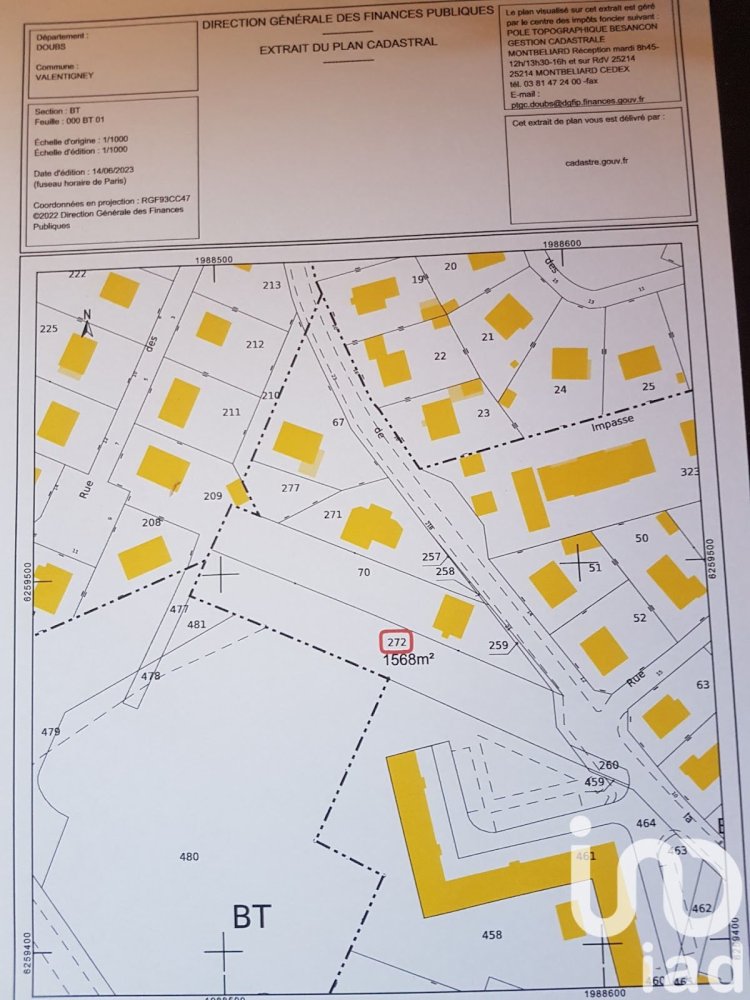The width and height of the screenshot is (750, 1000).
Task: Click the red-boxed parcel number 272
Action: (396, 641)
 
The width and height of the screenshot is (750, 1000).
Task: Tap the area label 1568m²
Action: (408, 659)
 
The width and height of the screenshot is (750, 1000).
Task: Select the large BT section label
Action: (252, 915)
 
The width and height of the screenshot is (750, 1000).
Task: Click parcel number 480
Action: (189, 856)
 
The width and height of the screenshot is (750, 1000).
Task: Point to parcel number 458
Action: (492, 935)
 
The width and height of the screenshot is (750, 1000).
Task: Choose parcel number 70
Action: (364, 573)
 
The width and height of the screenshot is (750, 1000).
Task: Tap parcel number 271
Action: (333, 515)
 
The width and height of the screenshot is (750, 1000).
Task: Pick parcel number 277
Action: (291, 488)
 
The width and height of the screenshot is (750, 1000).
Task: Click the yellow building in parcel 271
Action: (371, 526)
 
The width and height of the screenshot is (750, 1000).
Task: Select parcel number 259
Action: (498, 646)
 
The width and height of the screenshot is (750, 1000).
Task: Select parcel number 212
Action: (255, 344)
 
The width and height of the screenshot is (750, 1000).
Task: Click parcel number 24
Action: (560, 389)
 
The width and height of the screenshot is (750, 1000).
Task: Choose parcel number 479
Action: (51, 732)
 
